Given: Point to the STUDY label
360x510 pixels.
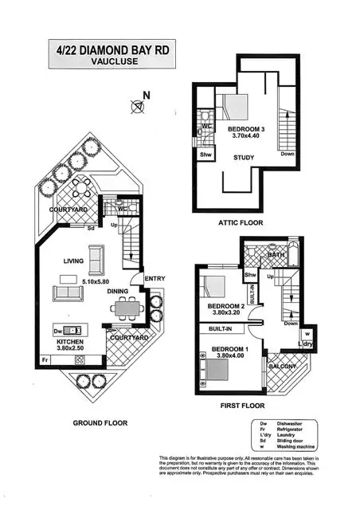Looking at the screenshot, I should pyautogui.click(x=244, y=158).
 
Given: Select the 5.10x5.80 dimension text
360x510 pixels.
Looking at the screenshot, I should pyautogui.click(x=99, y=280).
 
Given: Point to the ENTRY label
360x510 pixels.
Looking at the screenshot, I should pyautogui.click(x=155, y=277).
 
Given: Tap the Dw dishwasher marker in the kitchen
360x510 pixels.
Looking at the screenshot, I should pyautogui.click(x=57, y=330).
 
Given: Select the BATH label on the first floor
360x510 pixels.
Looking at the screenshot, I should pyautogui.click(x=277, y=256).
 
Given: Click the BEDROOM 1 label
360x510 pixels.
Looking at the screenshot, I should pyautogui.click(x=225, y=350).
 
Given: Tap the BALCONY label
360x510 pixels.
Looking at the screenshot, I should pyautogui.click(x=281, y=367).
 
